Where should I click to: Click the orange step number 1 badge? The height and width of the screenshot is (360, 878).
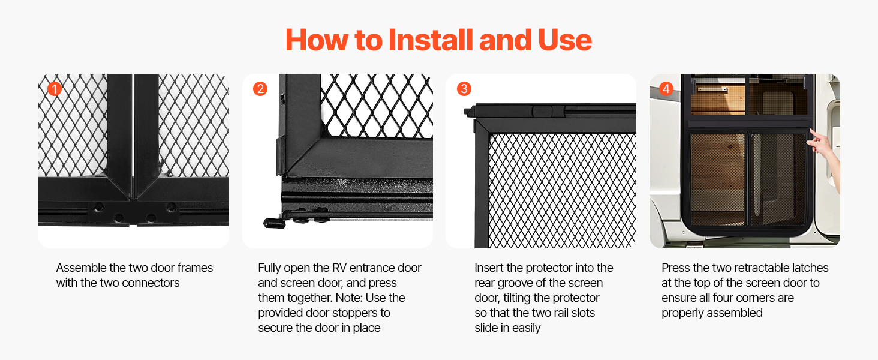[x=55, y=89]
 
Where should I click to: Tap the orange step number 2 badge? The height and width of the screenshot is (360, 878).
[x=260, y=89]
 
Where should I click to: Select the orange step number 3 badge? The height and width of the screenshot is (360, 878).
[x=464, y=89]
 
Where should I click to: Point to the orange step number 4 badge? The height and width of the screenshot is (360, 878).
[x=666, y=89]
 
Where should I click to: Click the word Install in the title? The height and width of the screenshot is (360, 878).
[x=431, y=40]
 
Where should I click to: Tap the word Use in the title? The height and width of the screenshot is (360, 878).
[x=565, y=40]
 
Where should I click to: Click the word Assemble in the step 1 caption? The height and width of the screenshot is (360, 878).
[x=81, y=268]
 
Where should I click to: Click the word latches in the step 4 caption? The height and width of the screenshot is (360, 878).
[x=810, y=268]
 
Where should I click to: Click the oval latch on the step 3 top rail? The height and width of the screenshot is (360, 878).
[x=543, y=111]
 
